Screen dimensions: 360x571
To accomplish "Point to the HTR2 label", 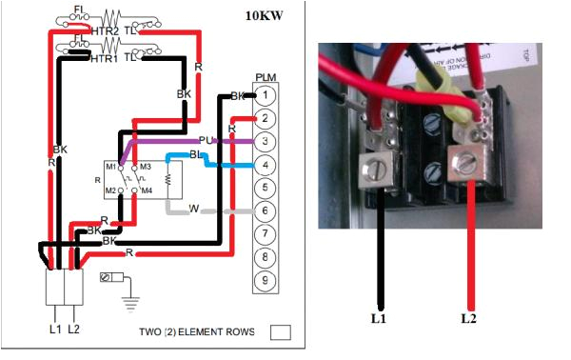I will [x=105, y=31].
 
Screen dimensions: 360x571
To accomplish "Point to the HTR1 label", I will [x=104, y=58].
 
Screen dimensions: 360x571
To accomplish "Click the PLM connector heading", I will [x=266, y=77].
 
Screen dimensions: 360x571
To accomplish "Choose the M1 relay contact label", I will [x=110, y=167].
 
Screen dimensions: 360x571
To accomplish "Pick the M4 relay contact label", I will [x=148, y=190].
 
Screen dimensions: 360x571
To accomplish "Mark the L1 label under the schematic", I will [x=54, y=329].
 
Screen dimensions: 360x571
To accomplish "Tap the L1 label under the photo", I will [x=379, y=318].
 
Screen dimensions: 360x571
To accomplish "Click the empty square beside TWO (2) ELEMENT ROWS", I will [x=280, y=333].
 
